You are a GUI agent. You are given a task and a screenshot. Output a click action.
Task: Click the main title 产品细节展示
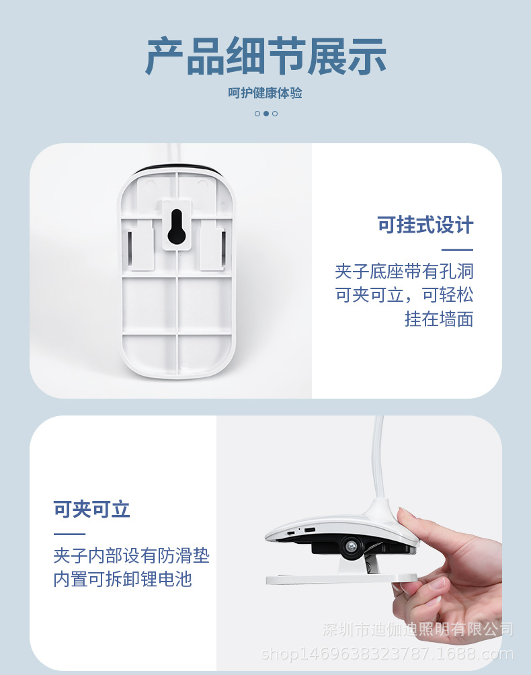tap(265, 56)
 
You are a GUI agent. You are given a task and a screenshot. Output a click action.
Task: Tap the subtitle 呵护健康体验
tap(265, 93)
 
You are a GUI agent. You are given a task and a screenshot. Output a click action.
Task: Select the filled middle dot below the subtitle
tap(266, 114)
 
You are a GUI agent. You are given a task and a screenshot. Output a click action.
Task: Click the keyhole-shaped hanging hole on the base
tap(177, 227)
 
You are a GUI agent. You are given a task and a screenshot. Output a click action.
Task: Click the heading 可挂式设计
tap(425, 225)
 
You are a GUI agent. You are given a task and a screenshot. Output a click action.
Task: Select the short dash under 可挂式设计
tap(461, 249)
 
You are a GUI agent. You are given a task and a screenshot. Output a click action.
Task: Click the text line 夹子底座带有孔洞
tap(404, 272)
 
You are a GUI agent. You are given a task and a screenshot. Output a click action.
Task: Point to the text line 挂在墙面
tap(438, 319)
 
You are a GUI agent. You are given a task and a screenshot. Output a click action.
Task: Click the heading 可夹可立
tap(92, 510)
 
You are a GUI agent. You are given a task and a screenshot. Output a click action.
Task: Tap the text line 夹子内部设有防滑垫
tap(131, 556)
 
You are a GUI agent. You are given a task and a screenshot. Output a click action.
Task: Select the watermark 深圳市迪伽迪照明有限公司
tap(417, 630)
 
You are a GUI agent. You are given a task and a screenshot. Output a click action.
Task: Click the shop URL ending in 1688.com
tap(387, 653)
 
